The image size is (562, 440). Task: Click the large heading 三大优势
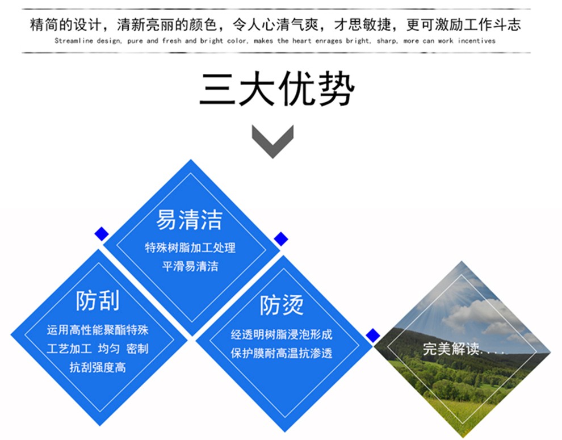[276, 89]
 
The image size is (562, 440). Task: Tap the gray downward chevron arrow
[272, 141]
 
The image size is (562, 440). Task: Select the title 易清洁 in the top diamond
[189, 220]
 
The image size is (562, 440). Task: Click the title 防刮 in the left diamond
[98, 300]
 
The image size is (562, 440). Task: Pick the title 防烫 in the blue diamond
[282, 305]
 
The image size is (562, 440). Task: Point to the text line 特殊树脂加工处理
[190, 248]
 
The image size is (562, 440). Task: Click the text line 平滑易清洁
[190, 266]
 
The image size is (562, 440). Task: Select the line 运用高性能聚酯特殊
[98, 330]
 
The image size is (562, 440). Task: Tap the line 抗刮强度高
[98, 367]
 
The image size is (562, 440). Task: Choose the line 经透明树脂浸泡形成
[282, 334]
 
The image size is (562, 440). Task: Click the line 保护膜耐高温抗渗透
[282, 353]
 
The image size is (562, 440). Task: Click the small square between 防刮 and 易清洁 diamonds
[102, 234]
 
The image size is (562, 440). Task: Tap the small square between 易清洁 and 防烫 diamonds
[281, 239]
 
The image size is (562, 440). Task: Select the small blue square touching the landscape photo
[373, 336]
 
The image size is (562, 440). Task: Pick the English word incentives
[477, 41]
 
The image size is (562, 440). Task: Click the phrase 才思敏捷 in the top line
[362, 25]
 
